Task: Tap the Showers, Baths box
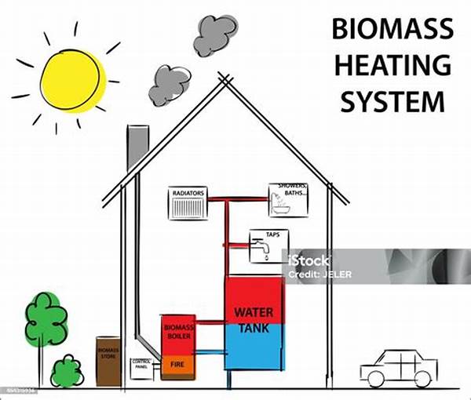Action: (x=288, y=200)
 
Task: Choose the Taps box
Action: (x=268, y=246)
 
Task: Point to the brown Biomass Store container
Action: (x=107, y=361)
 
